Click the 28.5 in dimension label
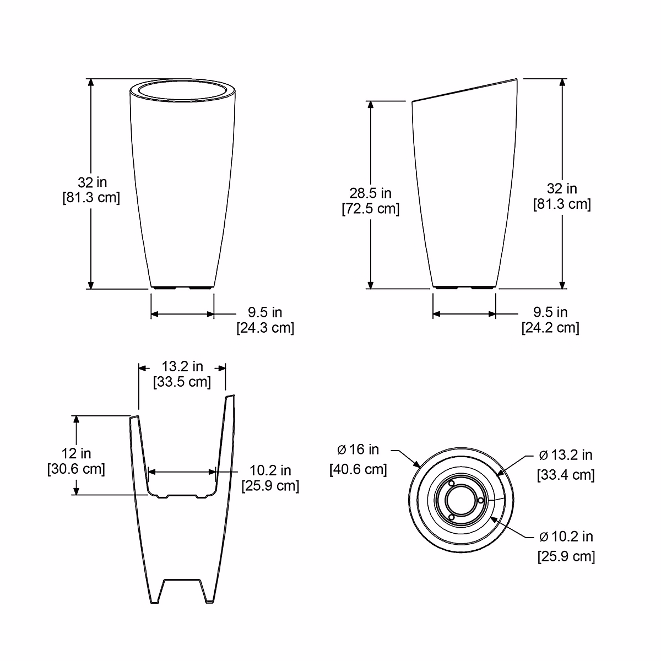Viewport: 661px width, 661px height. coord(371,193)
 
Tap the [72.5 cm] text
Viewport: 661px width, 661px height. coord(371,209)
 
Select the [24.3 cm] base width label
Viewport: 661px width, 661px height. coord(266,328)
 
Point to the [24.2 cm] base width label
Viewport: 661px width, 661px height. coord(550,328)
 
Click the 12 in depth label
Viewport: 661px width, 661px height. coord(76,453)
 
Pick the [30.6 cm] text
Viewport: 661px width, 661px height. coord(76,469)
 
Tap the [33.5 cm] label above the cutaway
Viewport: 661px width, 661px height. coord(182,382)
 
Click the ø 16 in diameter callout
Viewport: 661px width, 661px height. coord(358,449)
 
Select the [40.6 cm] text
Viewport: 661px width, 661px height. coord(358,469)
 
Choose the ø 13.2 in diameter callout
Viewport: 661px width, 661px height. coord(566,455)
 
